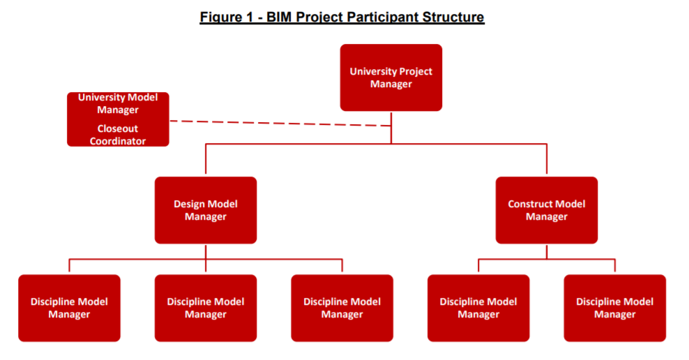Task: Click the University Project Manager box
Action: click(x=391, y=77)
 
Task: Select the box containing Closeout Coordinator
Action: click(x=118, y=119)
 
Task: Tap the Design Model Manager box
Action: click(x=206, y=210)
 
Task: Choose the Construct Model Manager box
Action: click(x=547, y=210)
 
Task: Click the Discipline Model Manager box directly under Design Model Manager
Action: click(x=206, y=308)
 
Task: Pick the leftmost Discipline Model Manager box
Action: click(x=70, y=308)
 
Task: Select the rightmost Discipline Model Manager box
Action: click(x=615, y=308)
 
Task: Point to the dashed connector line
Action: click(x=280, y=123)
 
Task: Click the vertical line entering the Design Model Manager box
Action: click(x=206, y=160)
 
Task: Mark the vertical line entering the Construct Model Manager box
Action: click(x=547, y=160)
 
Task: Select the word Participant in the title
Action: click(x=382, y=17)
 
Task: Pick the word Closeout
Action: click(x=117, y=129)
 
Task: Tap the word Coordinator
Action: click(x=118, y=141)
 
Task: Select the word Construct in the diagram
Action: click(x=527, y=204)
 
